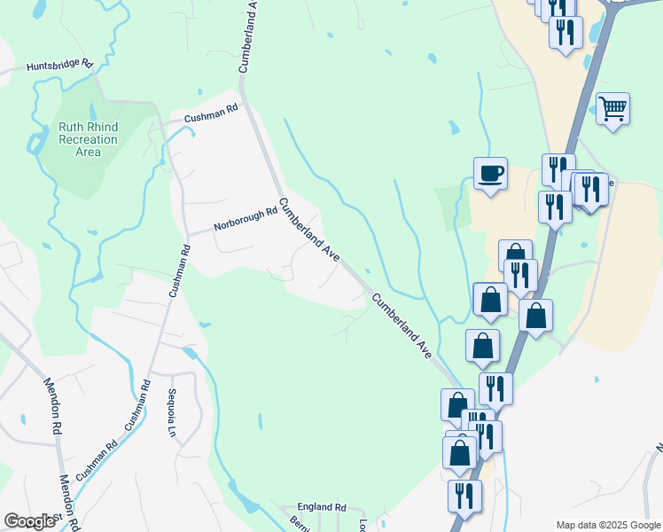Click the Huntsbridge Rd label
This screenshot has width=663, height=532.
click(60, 66)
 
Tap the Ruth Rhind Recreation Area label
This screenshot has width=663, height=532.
click(88, 139)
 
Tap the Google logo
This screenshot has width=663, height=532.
click(29, 521)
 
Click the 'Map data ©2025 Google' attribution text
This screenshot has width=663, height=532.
click(607, 525)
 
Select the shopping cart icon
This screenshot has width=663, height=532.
click(612, 109)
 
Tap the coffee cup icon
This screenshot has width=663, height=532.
click(489, 172)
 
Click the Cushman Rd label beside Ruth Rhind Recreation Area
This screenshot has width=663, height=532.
click(212, 113)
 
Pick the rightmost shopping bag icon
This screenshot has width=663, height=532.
click(536, 315)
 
